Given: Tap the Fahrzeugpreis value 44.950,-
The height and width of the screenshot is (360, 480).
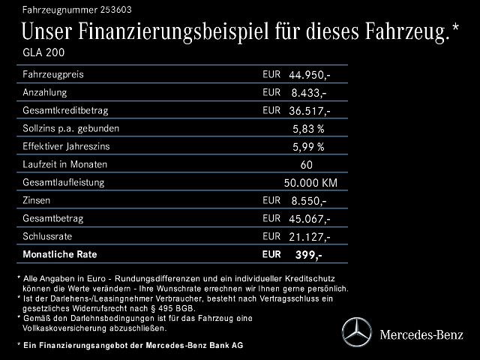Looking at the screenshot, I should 309,75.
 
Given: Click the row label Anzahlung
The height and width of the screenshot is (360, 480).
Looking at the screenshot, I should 44,92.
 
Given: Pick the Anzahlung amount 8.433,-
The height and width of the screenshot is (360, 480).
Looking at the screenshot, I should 308,93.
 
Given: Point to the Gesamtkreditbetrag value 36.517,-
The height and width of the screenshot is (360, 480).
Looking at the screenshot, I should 309,111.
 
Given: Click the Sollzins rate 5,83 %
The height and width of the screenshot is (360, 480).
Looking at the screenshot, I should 308,129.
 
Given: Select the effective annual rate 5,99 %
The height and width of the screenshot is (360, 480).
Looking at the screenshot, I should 308,147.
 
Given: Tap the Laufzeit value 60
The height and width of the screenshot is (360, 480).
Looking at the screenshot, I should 306,165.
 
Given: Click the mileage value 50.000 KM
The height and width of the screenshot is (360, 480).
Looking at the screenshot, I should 310,183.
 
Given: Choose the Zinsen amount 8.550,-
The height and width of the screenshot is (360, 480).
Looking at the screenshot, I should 308,201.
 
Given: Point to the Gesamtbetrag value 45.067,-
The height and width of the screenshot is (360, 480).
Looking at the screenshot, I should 309,219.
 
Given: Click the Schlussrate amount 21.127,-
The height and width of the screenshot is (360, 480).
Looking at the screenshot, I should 309,237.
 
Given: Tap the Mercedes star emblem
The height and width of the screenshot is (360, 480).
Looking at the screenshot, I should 356,331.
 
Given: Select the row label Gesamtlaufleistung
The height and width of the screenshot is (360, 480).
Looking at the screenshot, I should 63,182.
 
